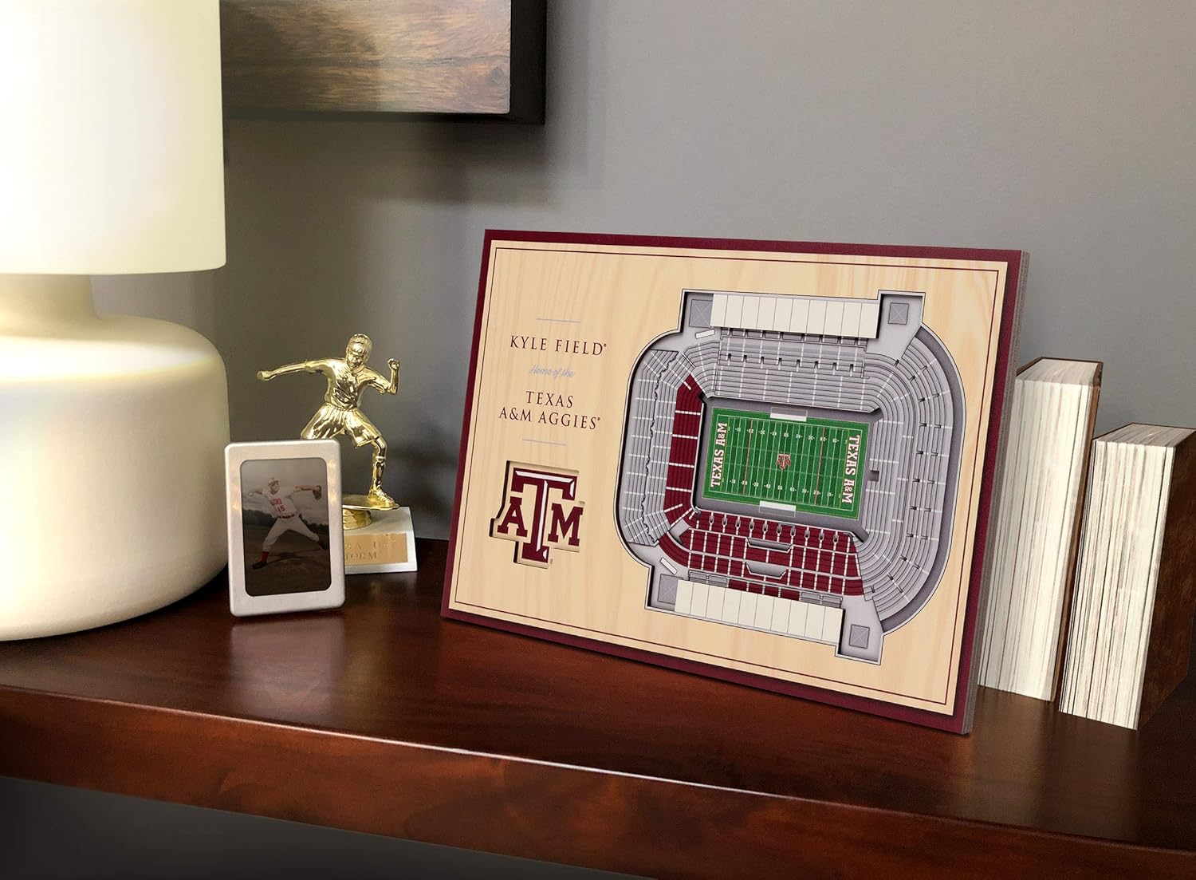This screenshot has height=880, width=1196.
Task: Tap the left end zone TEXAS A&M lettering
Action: tap(718, 457)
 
